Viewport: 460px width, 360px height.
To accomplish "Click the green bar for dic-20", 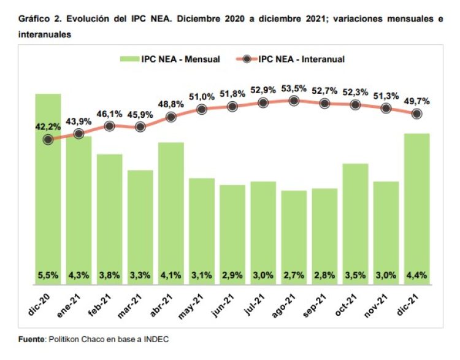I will [48, 190].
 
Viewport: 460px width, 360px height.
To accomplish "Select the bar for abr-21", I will [171, 214].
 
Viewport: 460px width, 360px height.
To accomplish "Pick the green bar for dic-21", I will [416, 209].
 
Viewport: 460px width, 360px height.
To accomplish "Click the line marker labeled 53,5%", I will [294, 101].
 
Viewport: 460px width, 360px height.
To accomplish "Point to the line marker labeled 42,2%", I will [48, 139].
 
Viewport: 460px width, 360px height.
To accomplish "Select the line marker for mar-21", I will [140, 127].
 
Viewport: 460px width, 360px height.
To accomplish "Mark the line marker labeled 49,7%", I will [416, 113].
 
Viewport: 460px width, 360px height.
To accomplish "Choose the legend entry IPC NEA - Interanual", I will [301, 59].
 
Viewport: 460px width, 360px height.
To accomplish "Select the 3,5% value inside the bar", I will [355, 276].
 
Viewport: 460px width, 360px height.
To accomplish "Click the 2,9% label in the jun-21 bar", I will [232, 276].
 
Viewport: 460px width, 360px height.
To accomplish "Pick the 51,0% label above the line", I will [202, 96].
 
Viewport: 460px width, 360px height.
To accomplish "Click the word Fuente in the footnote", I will [31, 339].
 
